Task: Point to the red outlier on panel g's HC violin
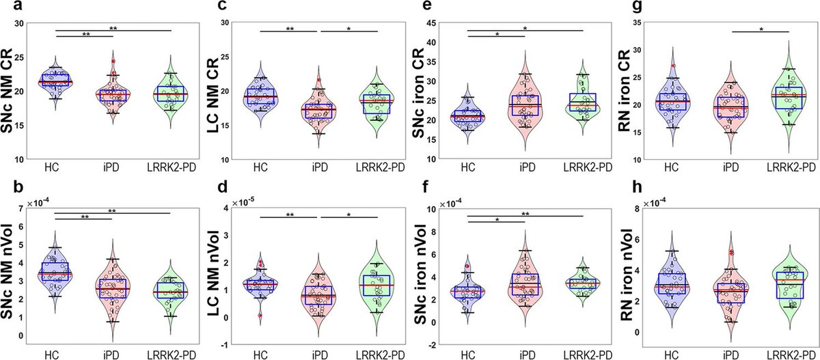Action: click(674, 66)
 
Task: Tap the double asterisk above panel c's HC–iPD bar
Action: click(290, 29)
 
